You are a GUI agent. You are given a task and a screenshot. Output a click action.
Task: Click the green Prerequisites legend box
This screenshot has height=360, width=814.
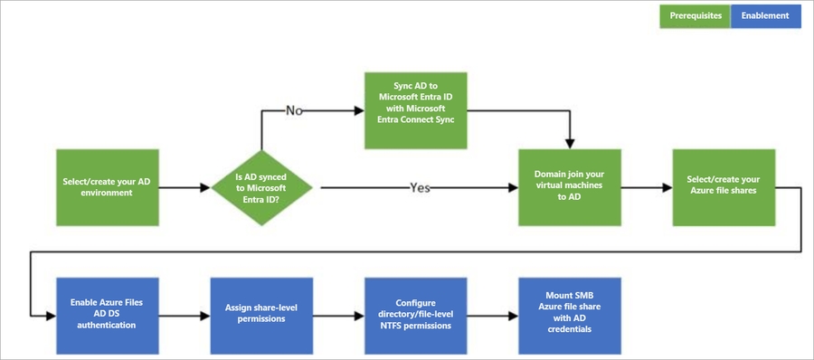[696, 15]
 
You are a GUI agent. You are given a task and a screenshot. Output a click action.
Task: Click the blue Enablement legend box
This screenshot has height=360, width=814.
[765, 15]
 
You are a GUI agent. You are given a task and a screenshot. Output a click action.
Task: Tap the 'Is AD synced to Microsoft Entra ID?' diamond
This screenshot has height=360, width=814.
[261, 187]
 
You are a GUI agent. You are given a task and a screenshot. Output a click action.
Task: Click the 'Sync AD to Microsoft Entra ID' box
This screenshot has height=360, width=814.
[416, 110]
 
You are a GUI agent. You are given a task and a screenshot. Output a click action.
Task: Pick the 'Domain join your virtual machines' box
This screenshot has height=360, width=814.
[570, 187]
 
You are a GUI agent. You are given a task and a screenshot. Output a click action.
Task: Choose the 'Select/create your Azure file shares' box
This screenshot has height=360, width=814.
[724, 187]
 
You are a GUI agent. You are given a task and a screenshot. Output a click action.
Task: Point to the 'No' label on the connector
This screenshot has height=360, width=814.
[296, 110]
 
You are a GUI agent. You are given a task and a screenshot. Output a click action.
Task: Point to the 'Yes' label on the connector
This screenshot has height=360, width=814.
[420, 188]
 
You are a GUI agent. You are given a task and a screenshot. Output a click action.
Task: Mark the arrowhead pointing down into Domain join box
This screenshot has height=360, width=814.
[570, 141]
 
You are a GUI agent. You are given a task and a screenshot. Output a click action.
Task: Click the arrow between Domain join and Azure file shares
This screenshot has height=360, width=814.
[646, 188]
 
